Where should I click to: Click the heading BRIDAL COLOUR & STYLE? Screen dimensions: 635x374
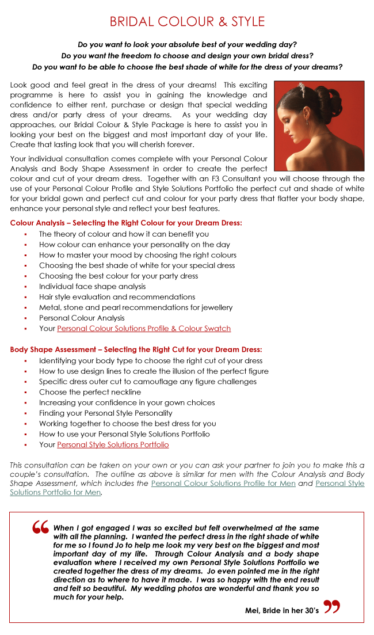[187, 22]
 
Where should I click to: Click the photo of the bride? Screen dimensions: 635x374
[319, 126]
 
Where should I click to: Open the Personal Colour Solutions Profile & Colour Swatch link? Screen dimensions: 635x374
[144, 329]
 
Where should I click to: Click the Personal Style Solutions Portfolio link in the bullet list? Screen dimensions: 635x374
[113, 445]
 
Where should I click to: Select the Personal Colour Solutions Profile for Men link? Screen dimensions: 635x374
[223, 484]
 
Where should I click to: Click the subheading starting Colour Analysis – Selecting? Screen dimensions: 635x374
[126, 223]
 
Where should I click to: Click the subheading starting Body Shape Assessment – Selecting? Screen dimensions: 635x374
[136, 349]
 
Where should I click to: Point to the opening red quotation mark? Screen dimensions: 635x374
[40, 528]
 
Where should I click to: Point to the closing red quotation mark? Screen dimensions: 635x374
[331, 607]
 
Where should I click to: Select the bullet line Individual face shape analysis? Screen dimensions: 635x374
[92, 287]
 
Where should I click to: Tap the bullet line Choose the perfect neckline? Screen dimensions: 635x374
[90, 393]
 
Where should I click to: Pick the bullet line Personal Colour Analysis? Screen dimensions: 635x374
[82, 318]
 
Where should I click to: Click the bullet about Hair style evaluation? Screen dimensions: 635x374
[117, 297]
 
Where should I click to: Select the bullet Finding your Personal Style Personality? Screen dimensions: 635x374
[105, 413]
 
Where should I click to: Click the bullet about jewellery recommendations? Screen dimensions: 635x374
[136, 307]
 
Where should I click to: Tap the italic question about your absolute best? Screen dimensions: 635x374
[187, 44]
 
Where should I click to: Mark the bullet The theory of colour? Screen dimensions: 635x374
[124, 234]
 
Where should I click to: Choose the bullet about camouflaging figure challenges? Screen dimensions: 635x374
[148, 382]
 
